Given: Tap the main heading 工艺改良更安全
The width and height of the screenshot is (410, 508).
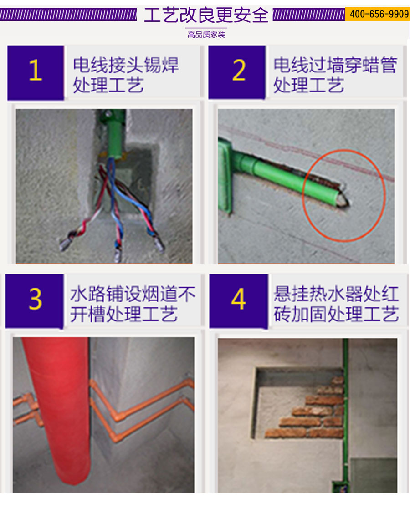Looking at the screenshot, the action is (206, 15).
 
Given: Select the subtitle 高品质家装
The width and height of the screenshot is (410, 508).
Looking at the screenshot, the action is (206, 35).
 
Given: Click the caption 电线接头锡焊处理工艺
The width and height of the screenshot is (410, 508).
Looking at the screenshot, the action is (126, 75).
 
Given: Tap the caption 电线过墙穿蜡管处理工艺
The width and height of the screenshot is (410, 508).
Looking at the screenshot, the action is (335, 75).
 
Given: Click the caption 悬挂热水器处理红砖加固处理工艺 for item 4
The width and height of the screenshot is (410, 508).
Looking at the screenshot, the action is (336, 304).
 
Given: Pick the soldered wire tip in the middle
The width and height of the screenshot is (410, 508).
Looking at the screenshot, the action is (118, 254).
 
